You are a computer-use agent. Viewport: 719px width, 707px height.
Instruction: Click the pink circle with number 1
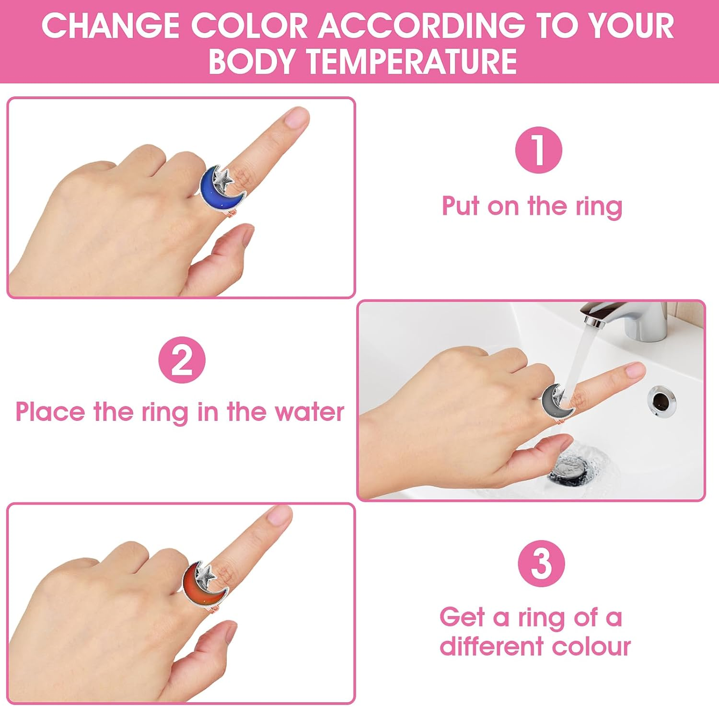538,150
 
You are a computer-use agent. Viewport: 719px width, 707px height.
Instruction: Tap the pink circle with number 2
182,360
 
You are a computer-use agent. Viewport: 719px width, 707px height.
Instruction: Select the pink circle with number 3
541,563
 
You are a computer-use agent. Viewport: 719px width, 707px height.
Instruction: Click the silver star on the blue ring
223,178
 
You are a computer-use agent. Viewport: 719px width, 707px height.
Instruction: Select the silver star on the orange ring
206,575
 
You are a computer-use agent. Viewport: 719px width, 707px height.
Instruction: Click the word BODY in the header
252,62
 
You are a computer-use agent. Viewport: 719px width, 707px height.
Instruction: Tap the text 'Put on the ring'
532,206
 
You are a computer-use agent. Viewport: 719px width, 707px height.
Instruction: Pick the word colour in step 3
591,646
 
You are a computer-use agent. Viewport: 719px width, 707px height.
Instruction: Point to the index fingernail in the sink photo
636,369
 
